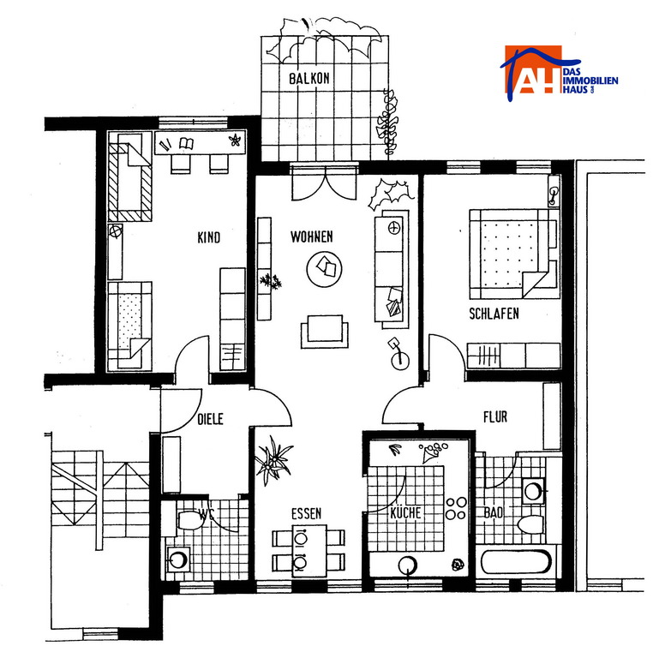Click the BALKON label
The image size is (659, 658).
tap(309, 79)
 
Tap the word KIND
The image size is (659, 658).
tap(209, 237)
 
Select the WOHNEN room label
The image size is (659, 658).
tap(312, 236)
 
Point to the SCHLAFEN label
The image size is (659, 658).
tap(494, 314)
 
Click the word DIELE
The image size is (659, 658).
tap(210, 419)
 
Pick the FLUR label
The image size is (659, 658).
tap(495, 416)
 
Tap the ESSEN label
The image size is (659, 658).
tap(307, 513)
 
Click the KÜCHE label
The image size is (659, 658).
tap(405, 512)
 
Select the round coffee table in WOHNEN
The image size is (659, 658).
tap(324, 269)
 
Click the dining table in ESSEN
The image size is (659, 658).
tap(309, 550)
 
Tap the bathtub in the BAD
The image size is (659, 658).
tap(516, 562)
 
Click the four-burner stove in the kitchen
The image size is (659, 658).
tap(456, 508)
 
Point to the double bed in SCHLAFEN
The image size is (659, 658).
tap(514, 254)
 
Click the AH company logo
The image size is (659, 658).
tap(559, 75)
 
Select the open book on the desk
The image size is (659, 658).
tap(187, 143)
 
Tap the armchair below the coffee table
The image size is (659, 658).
tap(325, 332)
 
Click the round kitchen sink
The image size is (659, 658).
tap(408, 565)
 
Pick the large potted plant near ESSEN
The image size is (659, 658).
tap(273, 460)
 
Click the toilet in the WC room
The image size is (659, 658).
tap(190, 520)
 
